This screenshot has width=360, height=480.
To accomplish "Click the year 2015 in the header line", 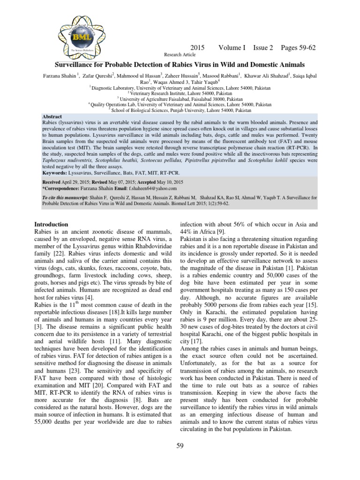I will [x=199, y=48].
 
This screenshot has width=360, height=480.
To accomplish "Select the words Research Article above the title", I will [x=179, y=55].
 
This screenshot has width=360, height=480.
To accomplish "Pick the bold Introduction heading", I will [x=52, y=225].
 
